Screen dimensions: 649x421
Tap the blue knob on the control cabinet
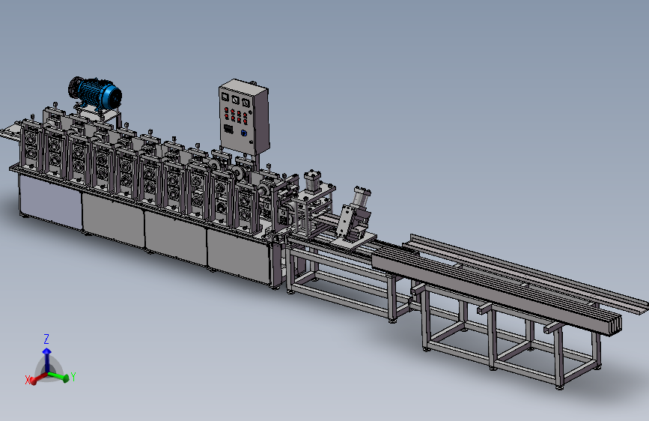[244, 133]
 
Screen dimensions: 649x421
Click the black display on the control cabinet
[228, 129]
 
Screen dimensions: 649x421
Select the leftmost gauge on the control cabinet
[225, 97]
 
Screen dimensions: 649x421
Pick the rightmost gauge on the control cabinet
[246, 103]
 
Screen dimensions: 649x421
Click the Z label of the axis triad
[46, 339]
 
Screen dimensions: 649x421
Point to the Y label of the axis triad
[73, 377]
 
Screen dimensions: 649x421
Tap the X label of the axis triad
[28, 380]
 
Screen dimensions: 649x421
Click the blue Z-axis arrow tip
[46, 351]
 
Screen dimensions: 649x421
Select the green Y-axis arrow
[58, 376]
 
